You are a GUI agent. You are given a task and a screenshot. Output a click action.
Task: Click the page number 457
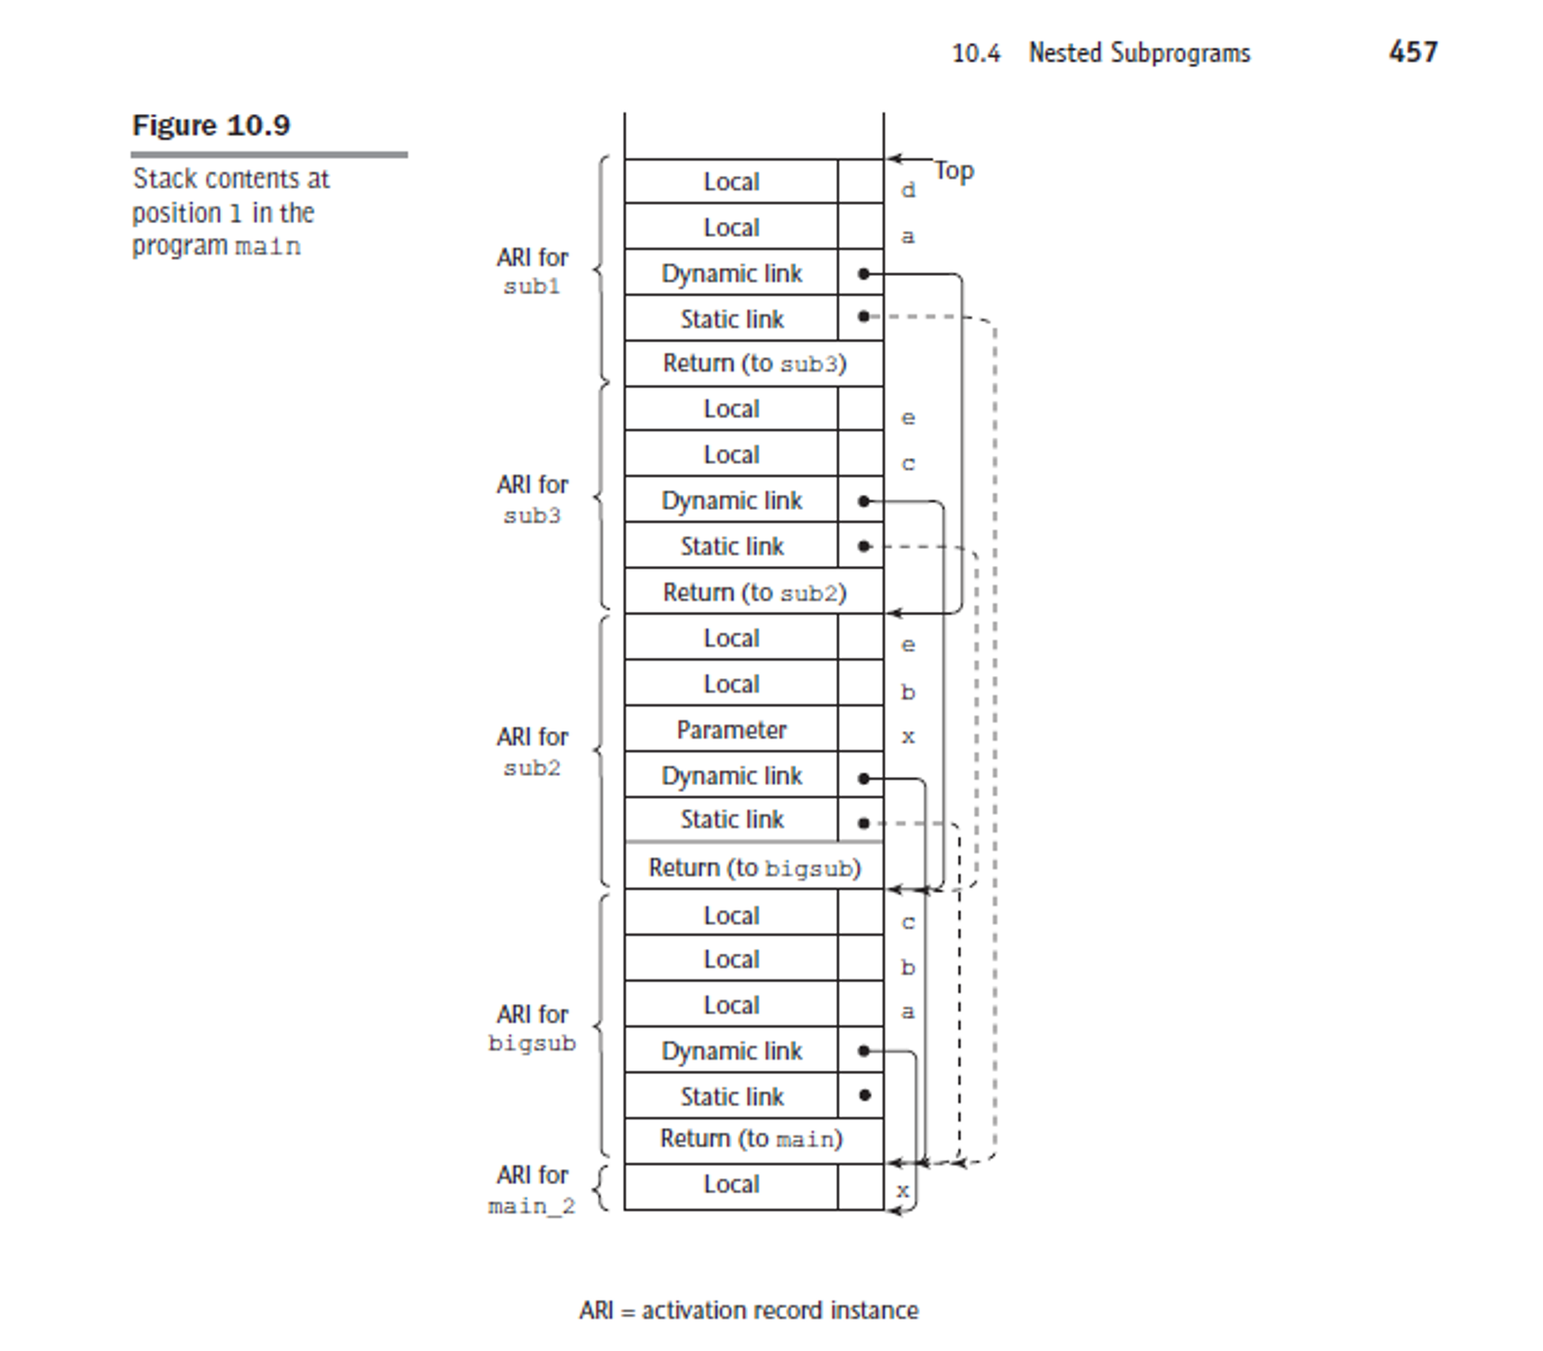[1413, 52]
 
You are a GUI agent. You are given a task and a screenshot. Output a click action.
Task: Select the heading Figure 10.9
[211, 125]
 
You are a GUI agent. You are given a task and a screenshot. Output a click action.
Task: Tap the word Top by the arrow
[954, 171]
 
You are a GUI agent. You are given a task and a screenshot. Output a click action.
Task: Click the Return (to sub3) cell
[754, 364]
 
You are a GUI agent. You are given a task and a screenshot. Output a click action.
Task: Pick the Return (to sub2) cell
[754, 592]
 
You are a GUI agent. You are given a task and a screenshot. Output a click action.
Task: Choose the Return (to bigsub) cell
[754, 867]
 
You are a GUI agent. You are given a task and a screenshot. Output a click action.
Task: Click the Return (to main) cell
[754, 1139]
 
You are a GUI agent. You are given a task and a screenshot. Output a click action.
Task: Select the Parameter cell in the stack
[731, 729]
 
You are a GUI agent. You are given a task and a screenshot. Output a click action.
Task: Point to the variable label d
[908, 190]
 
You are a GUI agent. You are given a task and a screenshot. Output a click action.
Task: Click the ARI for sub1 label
[532, 272]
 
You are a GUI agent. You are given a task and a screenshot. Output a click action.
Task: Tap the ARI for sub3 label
[532, 499]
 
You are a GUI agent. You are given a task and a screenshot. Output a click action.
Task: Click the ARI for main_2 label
[532, 1190]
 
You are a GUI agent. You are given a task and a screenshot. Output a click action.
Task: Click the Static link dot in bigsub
[864, 1095]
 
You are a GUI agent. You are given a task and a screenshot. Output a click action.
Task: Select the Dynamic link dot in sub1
[864, 274]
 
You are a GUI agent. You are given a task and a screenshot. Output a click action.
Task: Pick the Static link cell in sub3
[731, 545]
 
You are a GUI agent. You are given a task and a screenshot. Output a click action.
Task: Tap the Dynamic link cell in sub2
[731, 775]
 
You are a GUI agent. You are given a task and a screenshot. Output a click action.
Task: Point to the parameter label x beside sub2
[908, 737]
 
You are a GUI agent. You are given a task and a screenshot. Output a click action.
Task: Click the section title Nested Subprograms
[1140, 53]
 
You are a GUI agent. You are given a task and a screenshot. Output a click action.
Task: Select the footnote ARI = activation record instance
[749, 1310]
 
